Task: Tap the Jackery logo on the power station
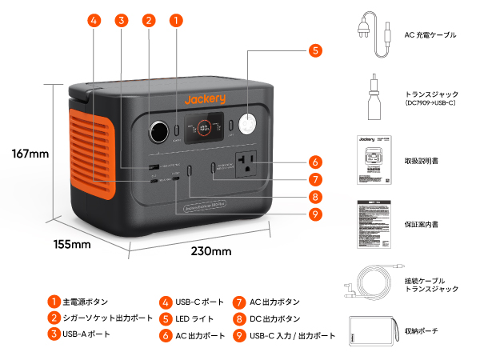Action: coord(205,99)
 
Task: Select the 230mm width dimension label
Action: coord(211,251)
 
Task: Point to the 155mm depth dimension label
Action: coord(71,244)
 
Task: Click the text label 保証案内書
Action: coord(422,225)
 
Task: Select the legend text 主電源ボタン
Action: coord(85,302)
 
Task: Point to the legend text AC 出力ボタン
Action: coord(274,302)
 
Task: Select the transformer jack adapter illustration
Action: coord(373,93)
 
